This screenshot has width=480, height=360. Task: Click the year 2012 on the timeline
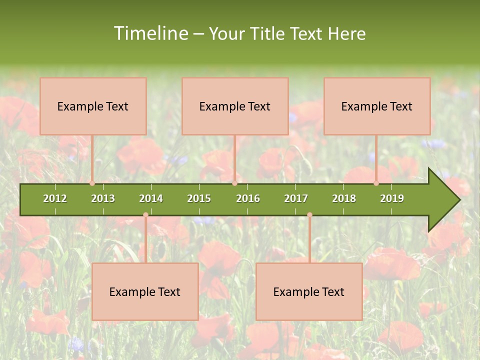pyautogui.click(x=55, y=198)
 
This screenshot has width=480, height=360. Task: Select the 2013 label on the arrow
pyautogui.click(x=103, y=198)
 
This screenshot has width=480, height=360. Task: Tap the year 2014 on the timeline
pyautogui.click(x=151, y=198)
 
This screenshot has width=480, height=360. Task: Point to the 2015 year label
pyautogui.click(x=199, y=198)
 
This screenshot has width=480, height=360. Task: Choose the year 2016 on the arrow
pyautogui.click(x=248, y=198)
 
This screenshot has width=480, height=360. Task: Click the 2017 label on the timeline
pyautogui.click(x=296, y=198)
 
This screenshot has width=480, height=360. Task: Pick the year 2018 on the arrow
pyautogui.click(x=344, y=198)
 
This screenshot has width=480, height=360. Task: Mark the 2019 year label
pyautogui.click(x=392, y=198)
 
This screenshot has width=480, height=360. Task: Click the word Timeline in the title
pyautogui.click(x=150, y=33)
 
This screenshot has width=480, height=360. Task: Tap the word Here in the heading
pyautogui.click(x=346, y=33)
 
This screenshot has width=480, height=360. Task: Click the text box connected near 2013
pyautogui.click(x=93, y=106)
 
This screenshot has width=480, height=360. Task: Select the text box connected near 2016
pyautogui.click(x=235, y=106)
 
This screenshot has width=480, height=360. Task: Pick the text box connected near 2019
pyautogui.click(x=377, y=106)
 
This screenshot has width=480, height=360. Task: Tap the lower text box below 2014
pyautogui.click(x=145, y=291)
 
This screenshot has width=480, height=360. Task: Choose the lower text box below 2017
pyautogui.click(x=309, y=291)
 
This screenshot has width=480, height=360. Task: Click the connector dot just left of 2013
pyautogui.click(x=92, y=183)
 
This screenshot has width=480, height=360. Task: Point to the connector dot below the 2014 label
pyautogui.click(x=145, y=215)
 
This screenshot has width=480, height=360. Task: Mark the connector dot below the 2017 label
pyautogui.click(x=309, y=215)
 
